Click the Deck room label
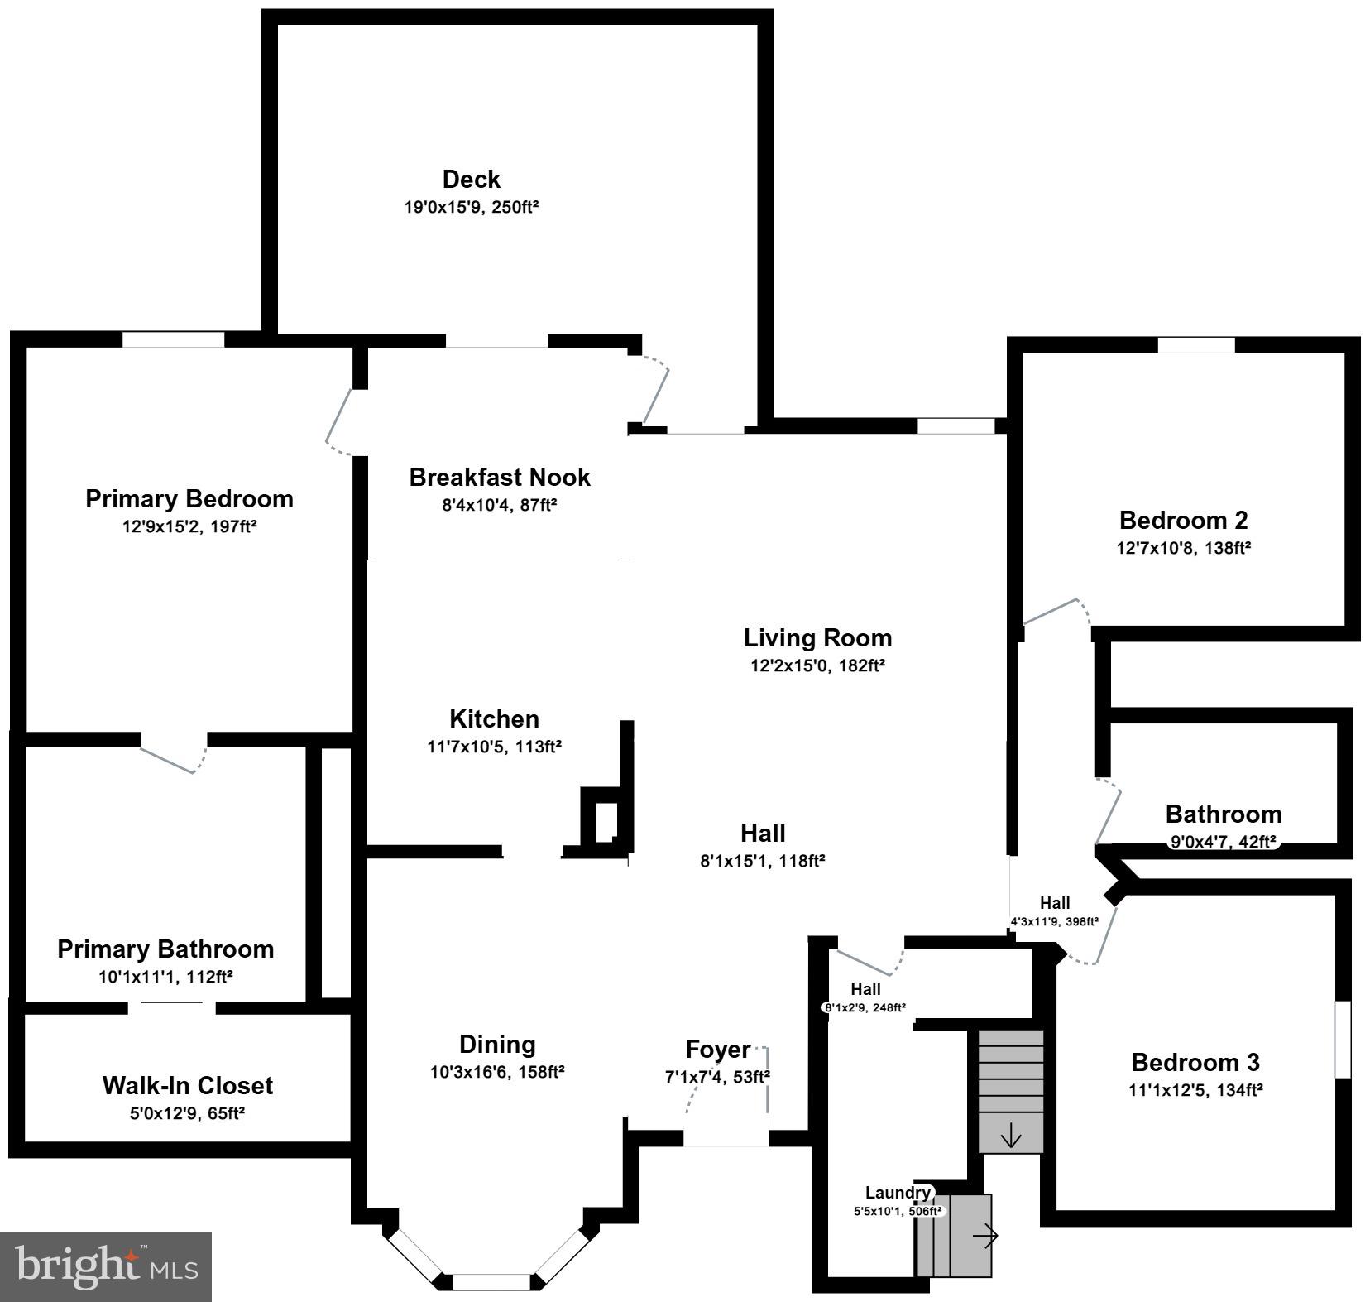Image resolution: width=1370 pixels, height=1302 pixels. point(471,180)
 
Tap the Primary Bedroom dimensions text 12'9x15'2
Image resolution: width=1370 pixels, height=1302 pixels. point(189,526)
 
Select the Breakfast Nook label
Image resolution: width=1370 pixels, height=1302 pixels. point(500,478)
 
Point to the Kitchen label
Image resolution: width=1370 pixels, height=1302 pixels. point(494,718)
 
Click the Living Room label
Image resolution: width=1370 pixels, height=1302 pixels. point(817,638)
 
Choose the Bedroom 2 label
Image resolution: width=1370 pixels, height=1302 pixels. point(1183,521)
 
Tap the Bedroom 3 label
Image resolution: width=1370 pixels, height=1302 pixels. point(1195,1062)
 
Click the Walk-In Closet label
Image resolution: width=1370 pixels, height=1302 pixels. point(187,1085)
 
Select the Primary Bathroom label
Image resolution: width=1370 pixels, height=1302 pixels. point(165,949)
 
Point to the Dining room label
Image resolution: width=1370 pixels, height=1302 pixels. point(497,1045)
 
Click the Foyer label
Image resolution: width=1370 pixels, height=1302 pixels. point(718,1050)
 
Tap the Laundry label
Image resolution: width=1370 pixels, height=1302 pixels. point(898,1193)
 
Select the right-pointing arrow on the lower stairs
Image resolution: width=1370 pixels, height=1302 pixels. point(984,1237)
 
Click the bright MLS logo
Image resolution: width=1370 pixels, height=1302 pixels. point(107,1266)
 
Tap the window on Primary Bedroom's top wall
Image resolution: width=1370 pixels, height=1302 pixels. point(174,339)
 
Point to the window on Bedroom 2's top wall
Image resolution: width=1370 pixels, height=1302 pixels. point(1195,345)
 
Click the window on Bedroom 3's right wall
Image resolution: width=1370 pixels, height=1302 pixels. point(1343,1040)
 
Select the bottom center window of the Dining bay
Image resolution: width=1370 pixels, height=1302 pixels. point(491,1282)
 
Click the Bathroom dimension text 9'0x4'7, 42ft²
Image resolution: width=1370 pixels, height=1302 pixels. point(1223,843)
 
